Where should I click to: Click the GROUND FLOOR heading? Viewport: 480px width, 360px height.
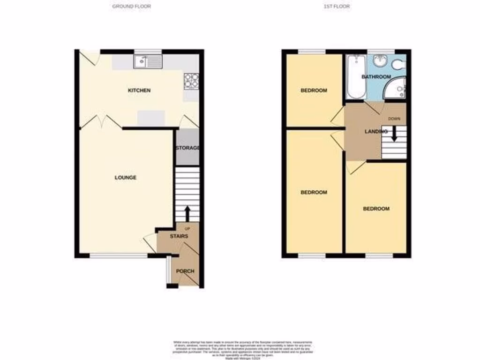tap(132, 7)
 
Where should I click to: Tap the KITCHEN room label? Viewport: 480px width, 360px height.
tap(140, 90)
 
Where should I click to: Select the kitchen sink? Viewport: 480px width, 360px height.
tap(148, 61)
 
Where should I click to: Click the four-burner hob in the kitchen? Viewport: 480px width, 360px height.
tap(191, 81)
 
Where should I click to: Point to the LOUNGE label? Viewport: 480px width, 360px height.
tap(126, 178)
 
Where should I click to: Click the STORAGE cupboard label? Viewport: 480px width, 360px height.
tap(187, 148)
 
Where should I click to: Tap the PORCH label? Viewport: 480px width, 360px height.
tap(185, 271)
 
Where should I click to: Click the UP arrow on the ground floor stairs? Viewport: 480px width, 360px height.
tap(187, 213)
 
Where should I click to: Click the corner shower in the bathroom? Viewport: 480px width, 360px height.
tap(396, 89)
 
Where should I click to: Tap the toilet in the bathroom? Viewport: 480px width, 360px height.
tap(400, 64)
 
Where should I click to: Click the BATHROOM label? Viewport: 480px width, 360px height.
tap(376, 77)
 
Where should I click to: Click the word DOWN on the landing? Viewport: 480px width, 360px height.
tap(394, 119)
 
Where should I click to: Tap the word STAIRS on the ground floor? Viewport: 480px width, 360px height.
tap(179, 236)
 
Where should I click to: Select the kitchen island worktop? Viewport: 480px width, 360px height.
tap(151, 117)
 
